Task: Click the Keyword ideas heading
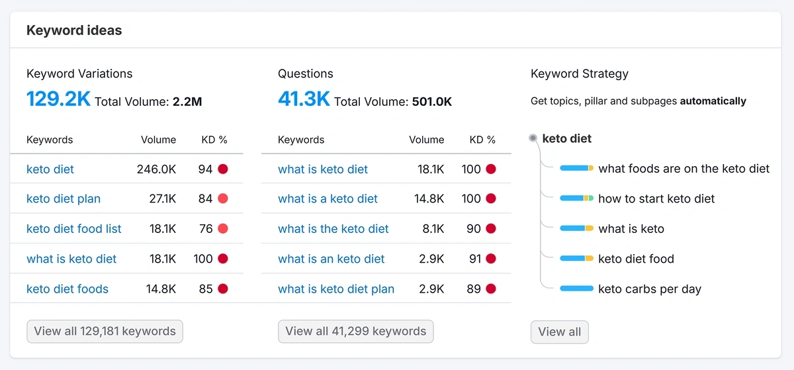pyautogui.click(x=74, y=30)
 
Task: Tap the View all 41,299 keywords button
pyautogui.click(x=355, y=331)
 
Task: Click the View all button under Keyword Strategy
pyautogui.click(x=559, y=332)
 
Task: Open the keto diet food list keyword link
pyautogui.click(x=74, y=229)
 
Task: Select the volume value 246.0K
pyautogui.click(x=156, y=169)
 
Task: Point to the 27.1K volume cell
pyautogui.click(x=162, y=199)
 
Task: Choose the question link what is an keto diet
pyautogui.click(x=331, y=259)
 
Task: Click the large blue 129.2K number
pyautogui.click(x=58, y=99)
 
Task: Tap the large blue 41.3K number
pyautogui.click(x=304, y=99)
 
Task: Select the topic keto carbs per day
pyautogui.click(x=649, y=289)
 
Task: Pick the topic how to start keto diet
pyautogui.click(x=656, y=199)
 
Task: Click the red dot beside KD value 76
pyautogui.click(x=223, y=229)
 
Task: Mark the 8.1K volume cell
pyautogui.click(x=431, y=229)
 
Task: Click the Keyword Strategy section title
pyautogui.click(x=579, y=73)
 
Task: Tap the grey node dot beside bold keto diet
pyautogui.click(x=533, y=138)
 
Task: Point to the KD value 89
pyautogui.click(x=473, y=289)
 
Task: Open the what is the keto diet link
pyautogui.click(x=333, y=229)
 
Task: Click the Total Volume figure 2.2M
pyautogui.click(x=187, y=102)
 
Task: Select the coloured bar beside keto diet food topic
pyautogui.click(x=576, y=259)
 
